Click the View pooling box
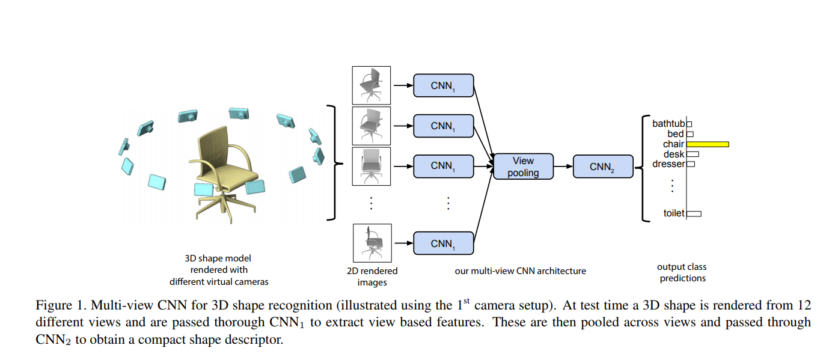click(522, 166)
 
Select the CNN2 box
click(602, 166)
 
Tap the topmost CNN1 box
click(443, 85)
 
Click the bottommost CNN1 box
click(443, 243)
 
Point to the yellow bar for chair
click(708, 144)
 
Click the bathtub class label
click(668, 124)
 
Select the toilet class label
click(674, 213)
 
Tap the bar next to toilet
click(694, 213)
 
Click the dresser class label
click(669, 164)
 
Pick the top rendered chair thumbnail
click(371, 85)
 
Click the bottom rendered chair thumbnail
click(372, 243)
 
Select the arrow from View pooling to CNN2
click(562, 166)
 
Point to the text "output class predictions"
click(682, 272)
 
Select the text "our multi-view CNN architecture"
click(520, 271)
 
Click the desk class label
click(674, 154)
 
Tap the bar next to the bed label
click(690, 134)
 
